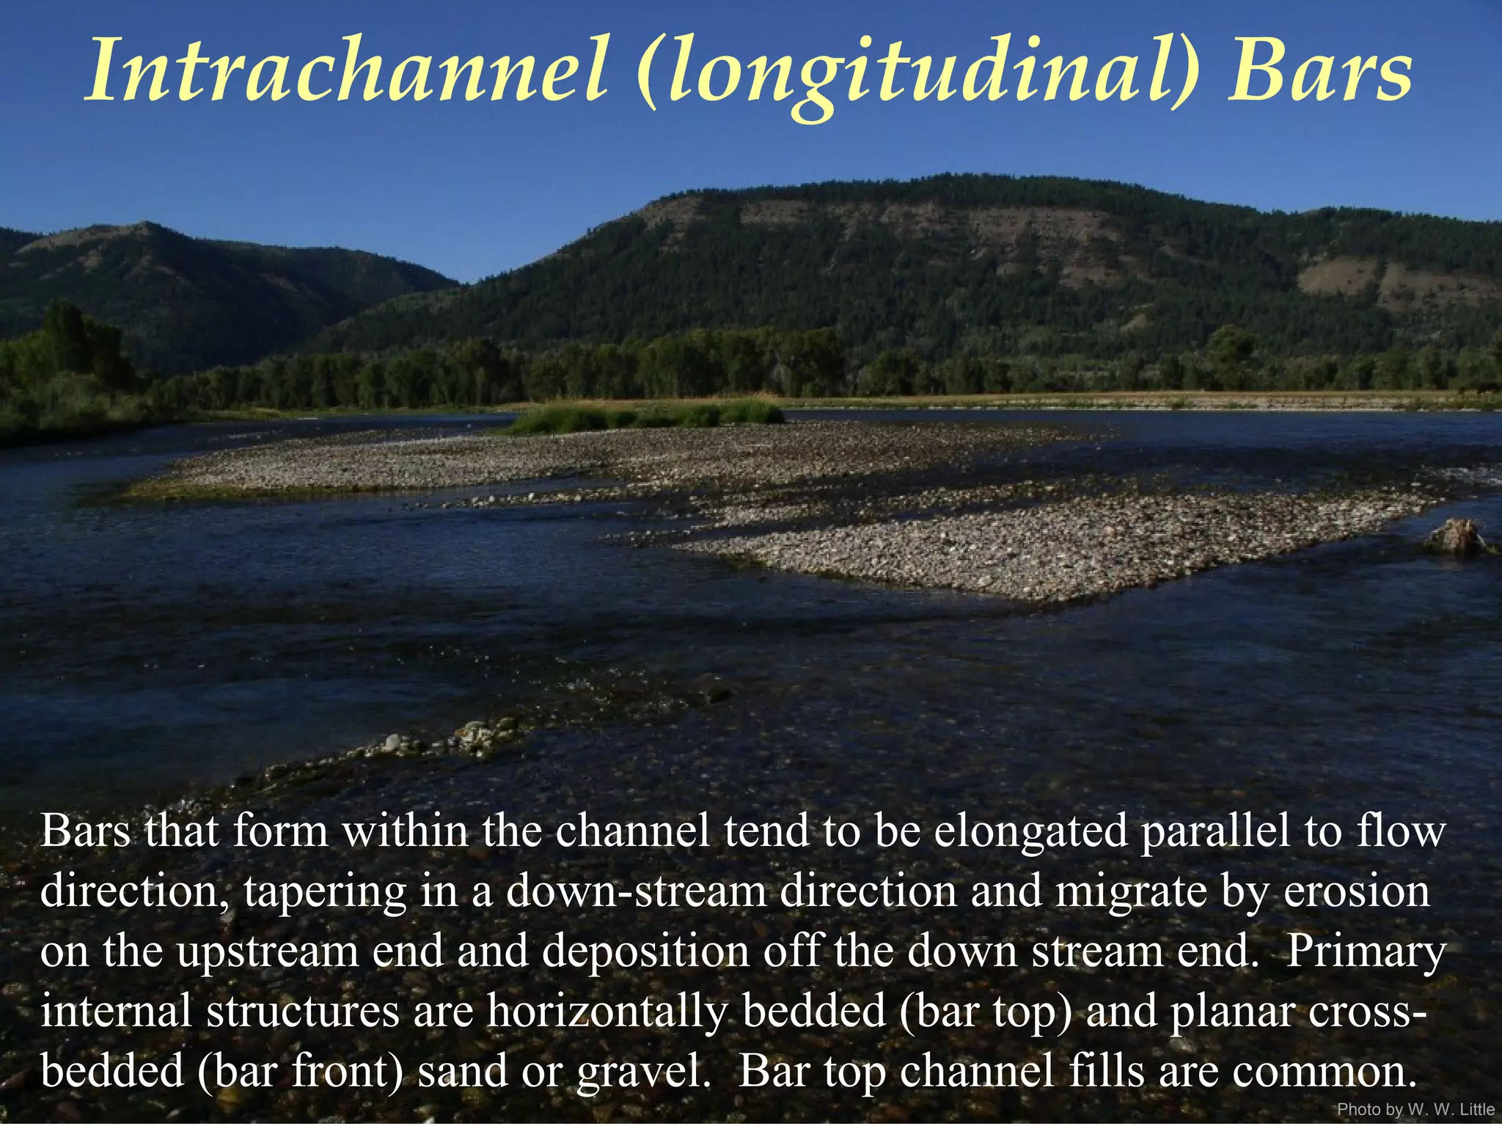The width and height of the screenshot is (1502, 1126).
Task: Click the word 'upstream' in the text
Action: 268,951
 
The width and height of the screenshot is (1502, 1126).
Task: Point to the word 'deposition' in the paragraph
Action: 645,951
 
